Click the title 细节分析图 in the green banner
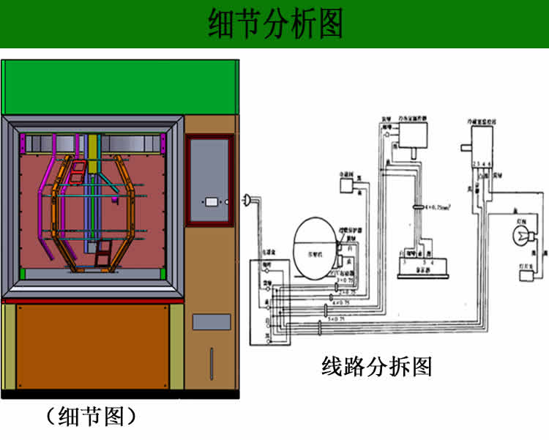coord(274,23)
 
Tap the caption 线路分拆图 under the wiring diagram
coord(377,365)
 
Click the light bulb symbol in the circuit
coord(520,236)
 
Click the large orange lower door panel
coord(92,346)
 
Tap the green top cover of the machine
coord(120,87)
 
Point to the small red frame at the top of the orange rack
coord(77,173)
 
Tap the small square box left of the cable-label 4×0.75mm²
coord(351,187)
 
